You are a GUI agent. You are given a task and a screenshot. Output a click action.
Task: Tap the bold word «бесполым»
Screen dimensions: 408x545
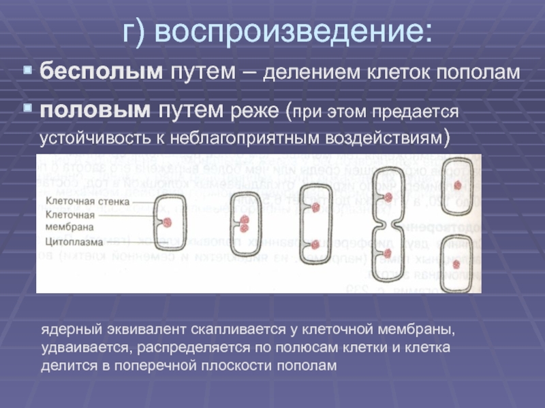[99, 72]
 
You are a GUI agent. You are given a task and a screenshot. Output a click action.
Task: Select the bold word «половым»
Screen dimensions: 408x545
[95, 109]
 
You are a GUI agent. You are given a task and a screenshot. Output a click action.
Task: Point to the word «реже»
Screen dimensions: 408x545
[253, 110]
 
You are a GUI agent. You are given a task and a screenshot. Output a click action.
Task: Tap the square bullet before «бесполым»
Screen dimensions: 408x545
[27, 71]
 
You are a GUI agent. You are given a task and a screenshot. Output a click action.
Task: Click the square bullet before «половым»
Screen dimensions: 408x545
[27, 109]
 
